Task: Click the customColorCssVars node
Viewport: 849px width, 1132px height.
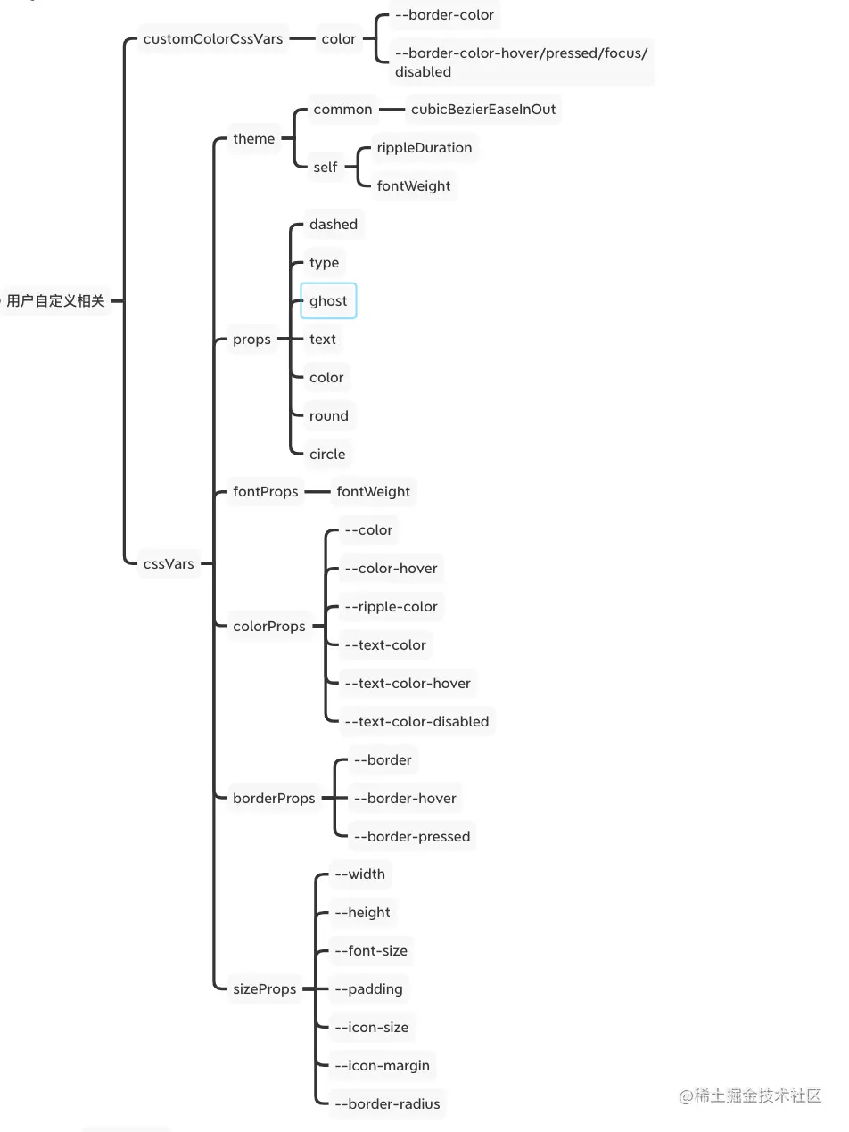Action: click(x=213, y=39)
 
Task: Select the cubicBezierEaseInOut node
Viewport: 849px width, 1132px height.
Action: click(x=482, y=109)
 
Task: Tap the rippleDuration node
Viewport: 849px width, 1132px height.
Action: click(x=424, y=147)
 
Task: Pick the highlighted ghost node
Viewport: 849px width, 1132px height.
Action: click(x=328, y=301)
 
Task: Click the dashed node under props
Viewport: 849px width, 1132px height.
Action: click(x=334, y=225)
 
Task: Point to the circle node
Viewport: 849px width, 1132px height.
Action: click(x=327, y=454)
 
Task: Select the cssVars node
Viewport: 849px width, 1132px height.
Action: click(x=169, y=563)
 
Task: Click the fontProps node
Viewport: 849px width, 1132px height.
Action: click(x=265, y=491)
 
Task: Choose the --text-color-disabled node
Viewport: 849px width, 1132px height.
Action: click(x=416, y=721)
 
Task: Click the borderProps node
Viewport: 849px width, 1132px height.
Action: click(x=274, y=798)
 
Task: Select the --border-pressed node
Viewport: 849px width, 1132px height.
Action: click(x=411, y=836)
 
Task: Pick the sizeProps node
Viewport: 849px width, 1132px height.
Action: click(x=264, y=988)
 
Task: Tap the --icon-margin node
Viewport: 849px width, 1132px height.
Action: click(x=382, y=1065)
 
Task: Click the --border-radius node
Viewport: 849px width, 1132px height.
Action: click(x=387, y=1103)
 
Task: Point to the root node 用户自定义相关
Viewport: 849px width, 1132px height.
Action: click(x=55, y=301)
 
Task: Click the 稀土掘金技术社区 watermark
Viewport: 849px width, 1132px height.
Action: click(x=750, y=1096)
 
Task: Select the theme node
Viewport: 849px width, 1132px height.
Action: click(x=254, y=138)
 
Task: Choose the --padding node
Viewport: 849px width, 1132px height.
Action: click(x=368, y=988)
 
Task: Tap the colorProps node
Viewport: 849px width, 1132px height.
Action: click(x=268, y=626)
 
